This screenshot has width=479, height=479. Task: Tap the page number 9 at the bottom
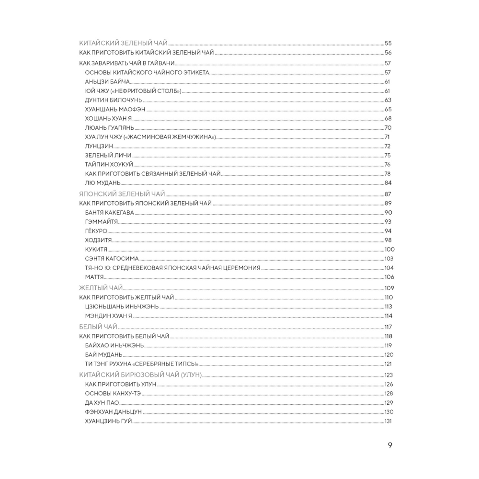pos(390,445)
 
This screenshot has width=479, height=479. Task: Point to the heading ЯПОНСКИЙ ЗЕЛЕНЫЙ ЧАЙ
pos(122,194)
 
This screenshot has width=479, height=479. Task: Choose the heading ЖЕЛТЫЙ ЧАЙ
pos(101,287)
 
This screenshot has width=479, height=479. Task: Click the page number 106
pos(388,277)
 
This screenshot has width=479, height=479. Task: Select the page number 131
pos(388,421)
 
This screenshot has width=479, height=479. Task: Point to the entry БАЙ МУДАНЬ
pos(103,354)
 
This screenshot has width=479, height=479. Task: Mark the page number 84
pos(388,183)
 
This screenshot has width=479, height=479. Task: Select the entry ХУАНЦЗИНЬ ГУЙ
pos(108,421)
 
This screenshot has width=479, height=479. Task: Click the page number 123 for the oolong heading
pos(388,375)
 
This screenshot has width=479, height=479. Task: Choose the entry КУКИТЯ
pos(96,250)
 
